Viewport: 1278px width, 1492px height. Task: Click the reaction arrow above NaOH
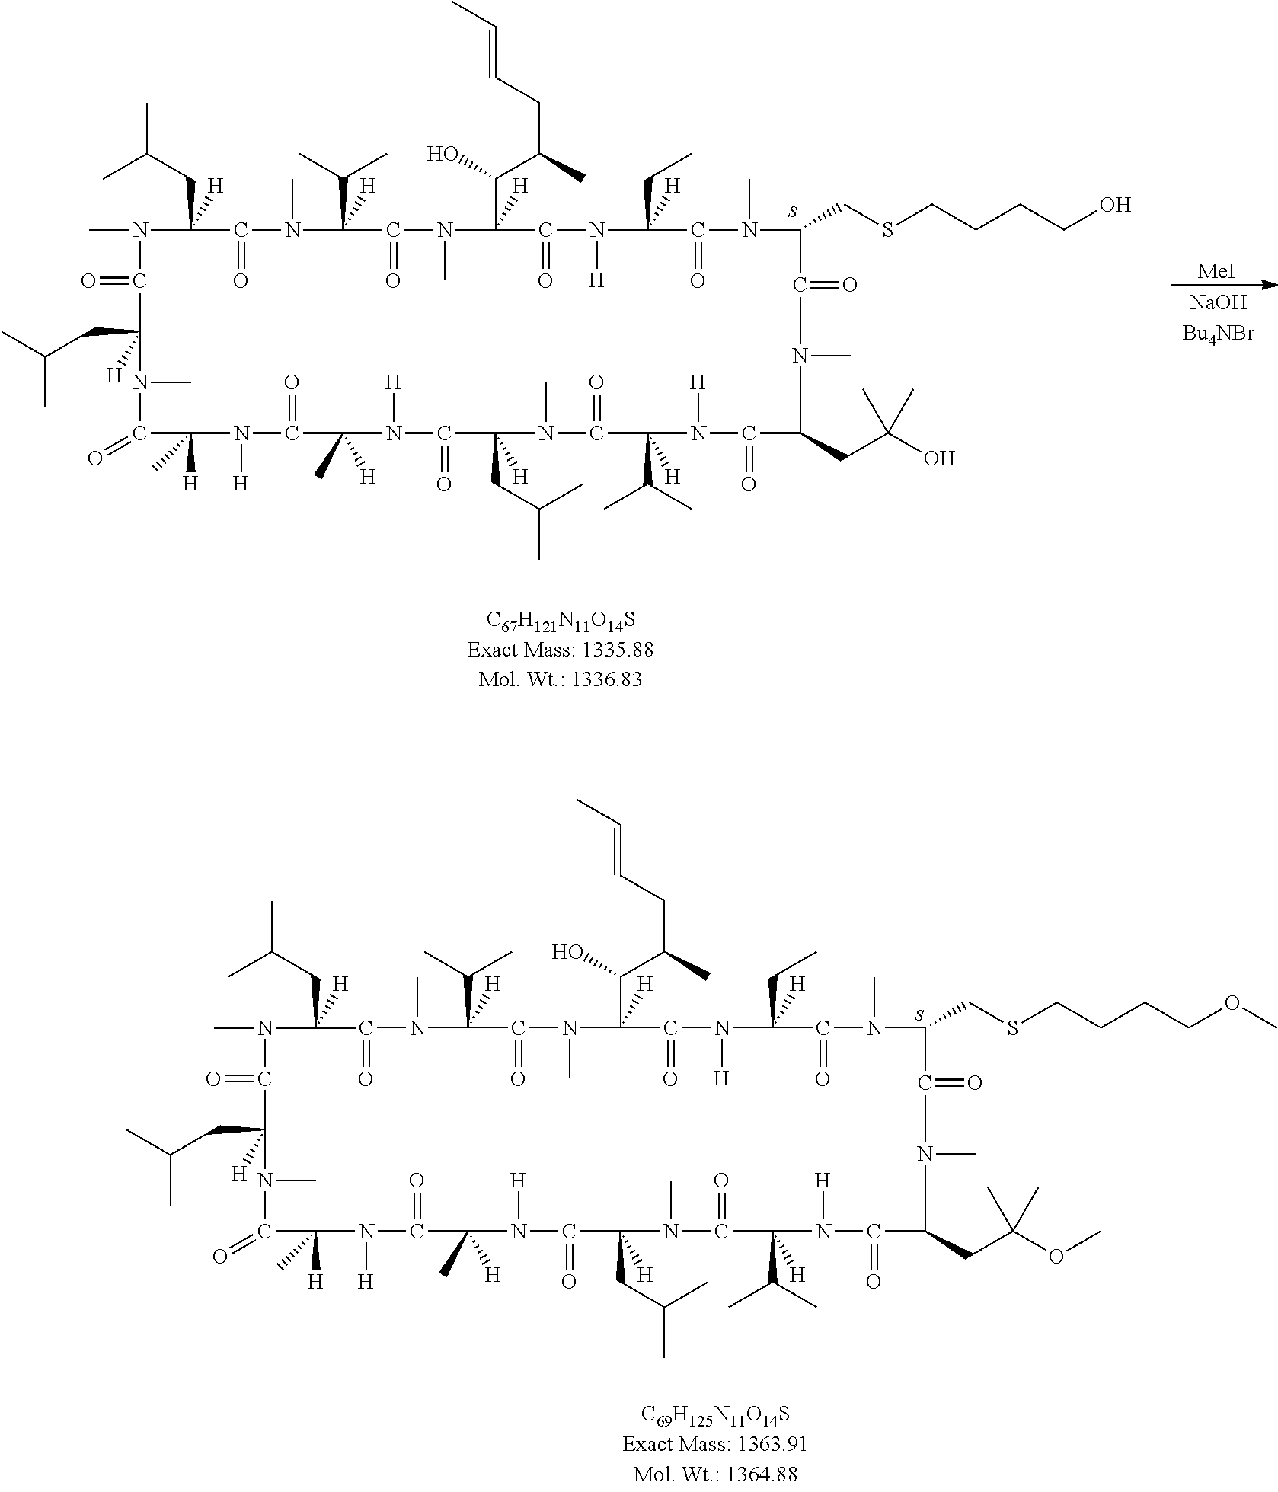point(1223,286)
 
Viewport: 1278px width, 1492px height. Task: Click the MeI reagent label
point(1216,271)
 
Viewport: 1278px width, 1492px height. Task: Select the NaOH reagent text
point(1218,302)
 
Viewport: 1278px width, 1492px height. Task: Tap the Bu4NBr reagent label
point(1218,334)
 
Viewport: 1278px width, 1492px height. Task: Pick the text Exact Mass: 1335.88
point(560,650)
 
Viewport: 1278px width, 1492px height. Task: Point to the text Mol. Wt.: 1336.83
point(560,679)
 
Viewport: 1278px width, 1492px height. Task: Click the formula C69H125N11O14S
point(715,1415)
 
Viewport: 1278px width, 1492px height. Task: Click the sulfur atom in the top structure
point(887,231)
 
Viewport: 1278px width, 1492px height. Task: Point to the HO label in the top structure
point(443,155)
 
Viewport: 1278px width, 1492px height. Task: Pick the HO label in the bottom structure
point(568,953)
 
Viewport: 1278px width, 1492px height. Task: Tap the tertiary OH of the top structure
point(939,458)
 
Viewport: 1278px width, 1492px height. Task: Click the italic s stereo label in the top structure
point(792,211)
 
